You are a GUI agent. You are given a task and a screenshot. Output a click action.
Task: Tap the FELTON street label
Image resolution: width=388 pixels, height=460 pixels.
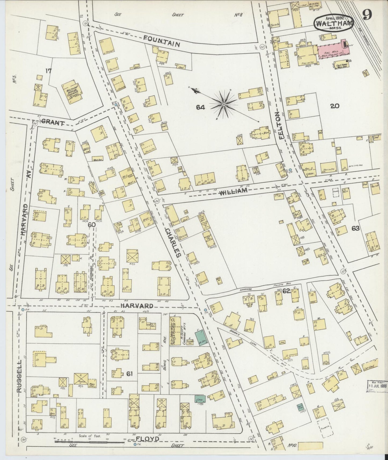[281, 125]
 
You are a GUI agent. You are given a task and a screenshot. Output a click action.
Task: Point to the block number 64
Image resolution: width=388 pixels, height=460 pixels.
[200, 107]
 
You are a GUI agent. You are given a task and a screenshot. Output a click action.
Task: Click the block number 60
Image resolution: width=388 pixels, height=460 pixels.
[92, 225]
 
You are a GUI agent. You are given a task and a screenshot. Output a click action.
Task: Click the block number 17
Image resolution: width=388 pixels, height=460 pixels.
[48, 71]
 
